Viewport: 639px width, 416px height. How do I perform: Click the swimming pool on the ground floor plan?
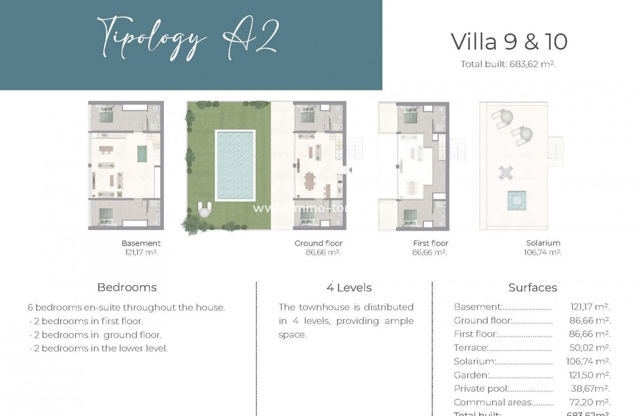(x=235, y=165)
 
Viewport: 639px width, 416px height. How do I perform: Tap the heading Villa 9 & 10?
(x=509, y=42)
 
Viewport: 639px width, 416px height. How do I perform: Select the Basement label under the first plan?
(x=141, y=243)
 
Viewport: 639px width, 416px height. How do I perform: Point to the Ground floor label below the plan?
(x=318, y=243)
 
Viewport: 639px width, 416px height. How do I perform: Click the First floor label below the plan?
(x=430, y=243)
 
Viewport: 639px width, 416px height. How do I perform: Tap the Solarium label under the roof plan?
(x=543, y=243)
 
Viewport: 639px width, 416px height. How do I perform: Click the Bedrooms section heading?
(x=127, y=287)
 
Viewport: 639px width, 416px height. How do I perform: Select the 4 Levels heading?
(x=349, y=288)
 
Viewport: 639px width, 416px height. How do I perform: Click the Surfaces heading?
(x=532, y=288)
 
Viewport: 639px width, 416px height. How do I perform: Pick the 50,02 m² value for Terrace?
(x=590, y=348)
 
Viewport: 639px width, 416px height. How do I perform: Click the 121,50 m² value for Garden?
(x=589, y=375)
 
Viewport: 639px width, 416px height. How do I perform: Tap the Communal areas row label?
(x=493, y=402)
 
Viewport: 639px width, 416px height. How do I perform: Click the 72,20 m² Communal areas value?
(x=590, y=402)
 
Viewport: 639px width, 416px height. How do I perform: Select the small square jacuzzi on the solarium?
(x=516, y=200)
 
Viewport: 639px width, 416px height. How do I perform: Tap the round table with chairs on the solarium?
(x=505, y=172)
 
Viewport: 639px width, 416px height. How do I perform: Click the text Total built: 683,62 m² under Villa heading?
(x=508, y=64)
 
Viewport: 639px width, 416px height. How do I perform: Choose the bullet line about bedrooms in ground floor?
(x=97, y=335)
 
